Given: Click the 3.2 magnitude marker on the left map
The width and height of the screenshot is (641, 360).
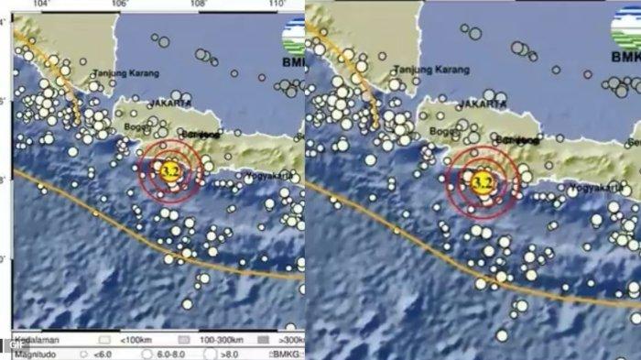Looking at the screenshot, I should click(x=169, y=170).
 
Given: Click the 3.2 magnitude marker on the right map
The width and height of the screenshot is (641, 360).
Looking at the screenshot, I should click(x=482, y=182).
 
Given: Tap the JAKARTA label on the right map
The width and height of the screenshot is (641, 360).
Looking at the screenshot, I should click(x=481, y=104).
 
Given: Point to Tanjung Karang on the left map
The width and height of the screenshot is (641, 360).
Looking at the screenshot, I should click(x=127, y=72).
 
